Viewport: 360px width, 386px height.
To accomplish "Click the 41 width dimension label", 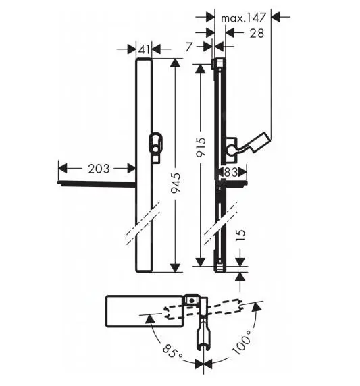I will tap(143, 49).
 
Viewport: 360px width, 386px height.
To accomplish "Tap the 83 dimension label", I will tap(231, 173).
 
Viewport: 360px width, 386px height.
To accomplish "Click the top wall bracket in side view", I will tap(218, 64).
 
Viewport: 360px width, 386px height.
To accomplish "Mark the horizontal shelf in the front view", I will tap(97, 182).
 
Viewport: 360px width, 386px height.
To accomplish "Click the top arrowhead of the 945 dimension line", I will tap(176, 62).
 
